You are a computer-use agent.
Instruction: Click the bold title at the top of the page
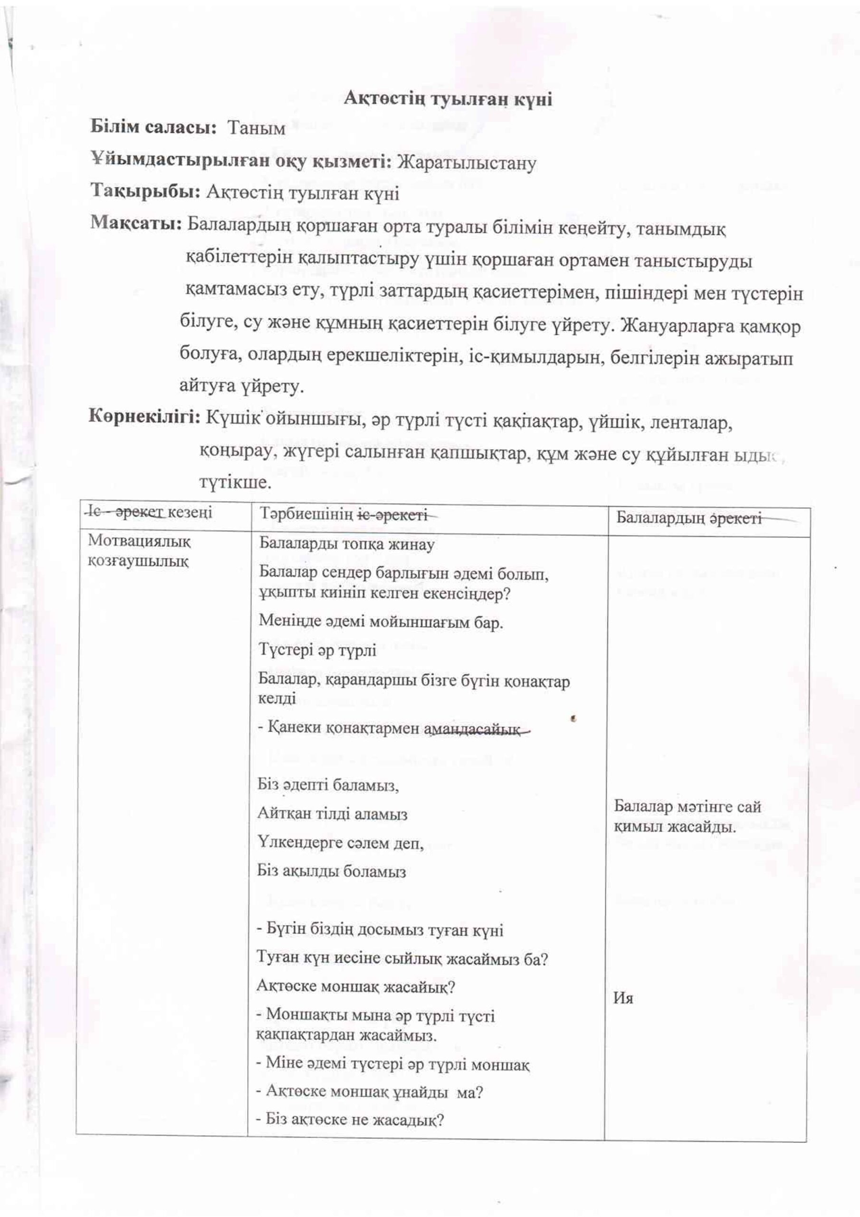[448, 99]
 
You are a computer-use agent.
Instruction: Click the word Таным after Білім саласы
[256, 128]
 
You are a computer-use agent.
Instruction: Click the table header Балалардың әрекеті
[688, 518]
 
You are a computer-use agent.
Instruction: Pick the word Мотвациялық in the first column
[139, 541]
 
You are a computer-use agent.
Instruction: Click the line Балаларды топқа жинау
[346, 544]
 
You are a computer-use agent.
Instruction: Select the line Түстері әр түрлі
[317, 650]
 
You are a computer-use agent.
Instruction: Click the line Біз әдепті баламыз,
[328, 784]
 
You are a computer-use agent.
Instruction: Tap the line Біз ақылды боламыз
[331, 871]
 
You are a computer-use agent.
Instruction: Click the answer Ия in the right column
[623, 999]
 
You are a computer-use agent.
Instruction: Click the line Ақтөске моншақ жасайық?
[355, 986]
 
